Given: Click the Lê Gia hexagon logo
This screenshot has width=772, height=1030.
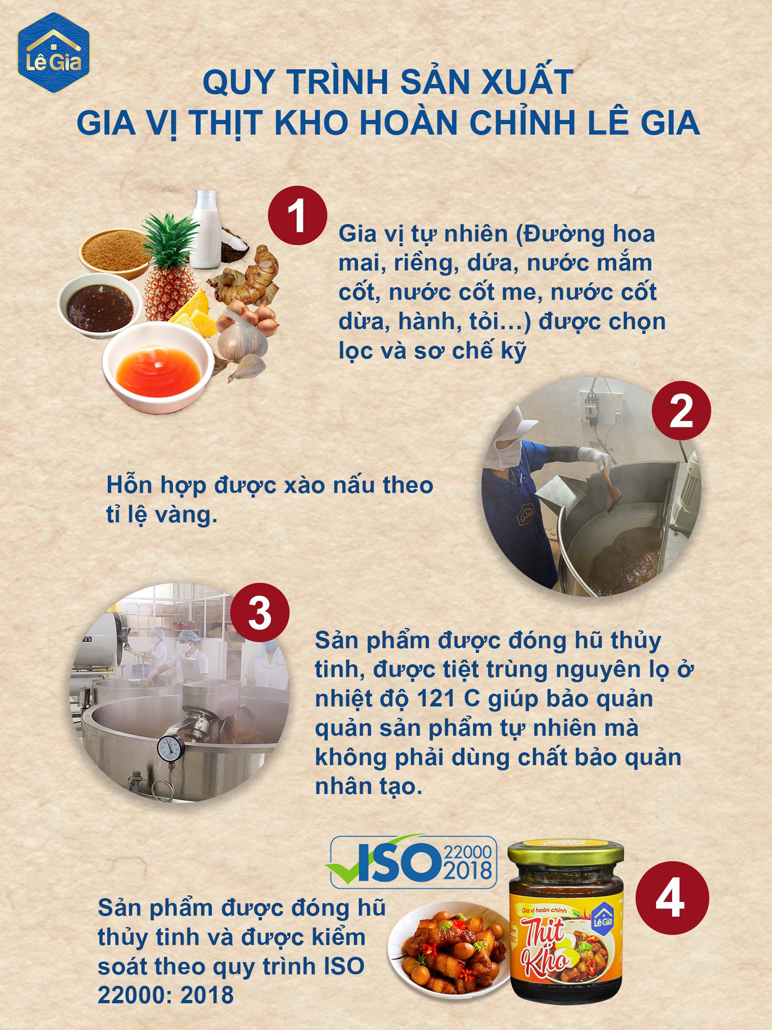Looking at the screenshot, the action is point(54,53).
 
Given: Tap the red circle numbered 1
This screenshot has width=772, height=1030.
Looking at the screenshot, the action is point(297,216).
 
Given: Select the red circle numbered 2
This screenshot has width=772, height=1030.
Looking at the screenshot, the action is point(681,410).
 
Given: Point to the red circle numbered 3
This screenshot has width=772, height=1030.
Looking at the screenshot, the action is point(260,612).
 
